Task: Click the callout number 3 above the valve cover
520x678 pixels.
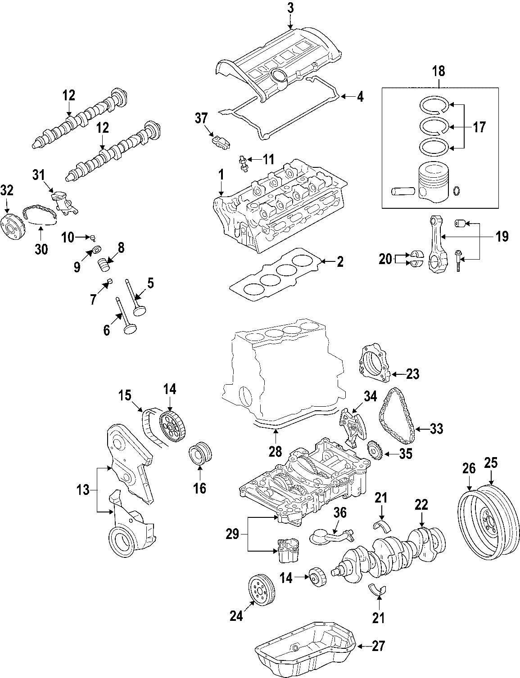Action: point(290,7)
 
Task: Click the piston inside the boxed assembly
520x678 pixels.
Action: point(434,182)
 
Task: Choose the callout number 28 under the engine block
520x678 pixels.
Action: point(275,451)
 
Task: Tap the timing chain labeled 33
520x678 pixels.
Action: point(397,416)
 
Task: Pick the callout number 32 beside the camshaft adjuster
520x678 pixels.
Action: point(7,191)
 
